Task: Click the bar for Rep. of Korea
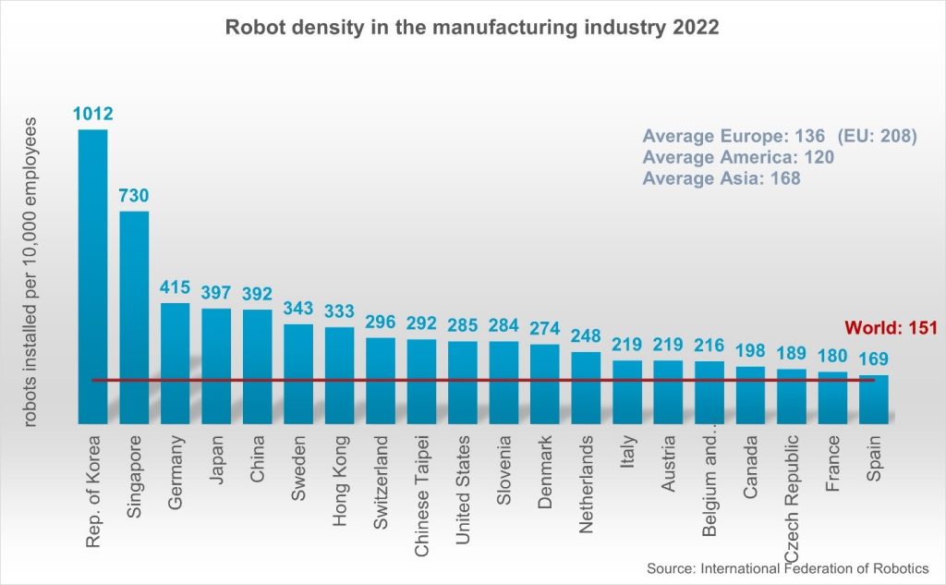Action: point(92,277)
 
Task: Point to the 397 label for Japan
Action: point(216,293)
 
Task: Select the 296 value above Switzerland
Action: point(380,323)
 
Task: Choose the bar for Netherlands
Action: point(585,386)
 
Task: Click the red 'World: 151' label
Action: point(891,328)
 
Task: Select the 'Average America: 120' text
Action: point(737,157)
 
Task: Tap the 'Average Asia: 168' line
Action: point(721,178)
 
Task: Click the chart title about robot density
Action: point(472,28)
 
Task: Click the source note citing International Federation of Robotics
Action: point(787,568)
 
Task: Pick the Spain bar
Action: point(873,398)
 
